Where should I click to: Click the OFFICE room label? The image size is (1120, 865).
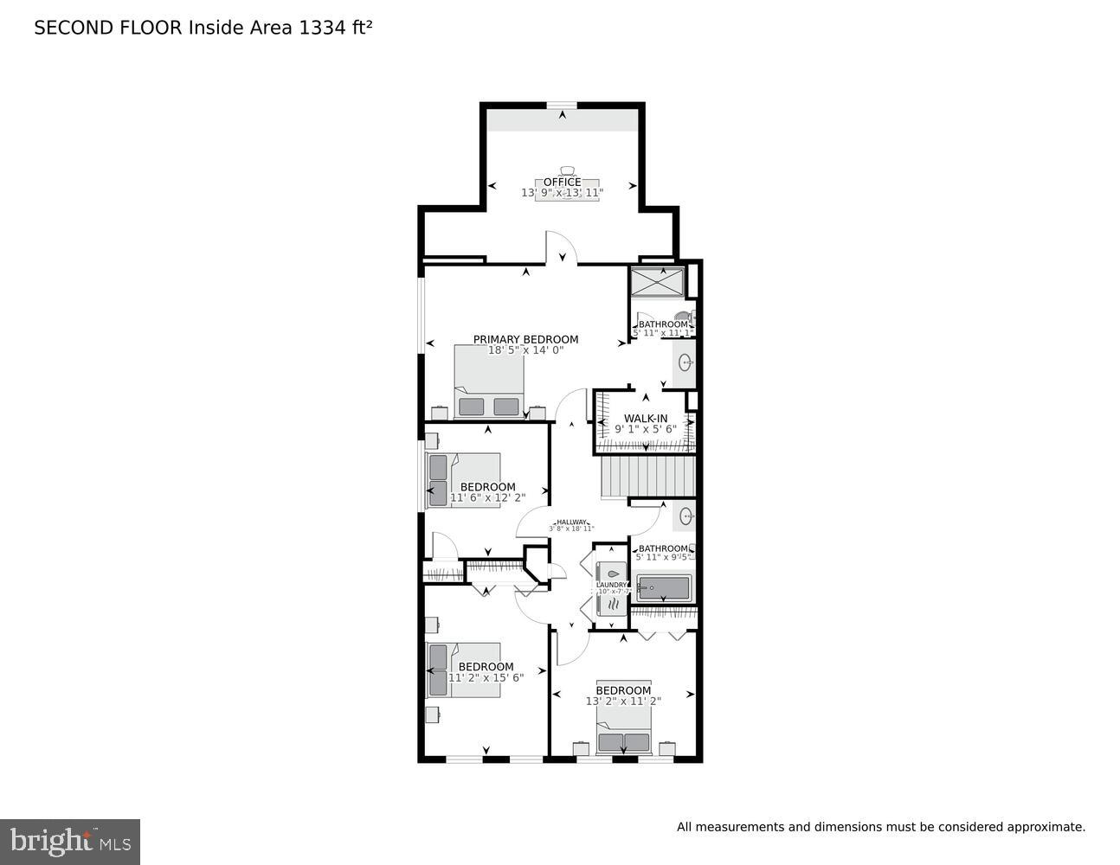562,182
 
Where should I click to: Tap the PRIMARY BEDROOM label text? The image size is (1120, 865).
525,339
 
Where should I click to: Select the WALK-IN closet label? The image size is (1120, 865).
646,419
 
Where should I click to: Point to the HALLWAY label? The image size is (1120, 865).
571,522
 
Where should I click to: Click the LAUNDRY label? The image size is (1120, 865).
611,585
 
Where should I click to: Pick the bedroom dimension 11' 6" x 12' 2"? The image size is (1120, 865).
487,497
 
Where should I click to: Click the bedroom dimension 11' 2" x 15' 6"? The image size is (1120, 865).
486,677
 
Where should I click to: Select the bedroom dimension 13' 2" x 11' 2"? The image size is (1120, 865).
623,702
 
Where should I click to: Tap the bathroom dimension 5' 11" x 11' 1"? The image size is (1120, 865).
663,333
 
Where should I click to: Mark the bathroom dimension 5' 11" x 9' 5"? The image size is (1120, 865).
663,557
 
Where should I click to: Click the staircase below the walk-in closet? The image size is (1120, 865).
648,477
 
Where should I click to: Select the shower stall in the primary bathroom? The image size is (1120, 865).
657,282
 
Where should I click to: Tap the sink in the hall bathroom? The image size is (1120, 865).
686,517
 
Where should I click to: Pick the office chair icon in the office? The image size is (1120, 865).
567,171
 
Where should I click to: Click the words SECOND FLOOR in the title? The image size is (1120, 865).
108,28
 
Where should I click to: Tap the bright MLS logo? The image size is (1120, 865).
69,841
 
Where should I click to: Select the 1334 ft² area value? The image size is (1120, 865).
335,28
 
